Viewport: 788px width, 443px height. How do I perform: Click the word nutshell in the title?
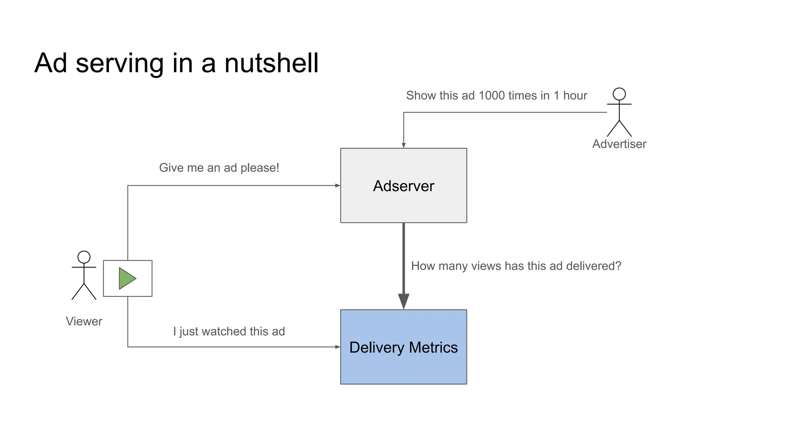271,63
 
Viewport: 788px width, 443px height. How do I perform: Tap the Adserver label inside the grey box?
403,186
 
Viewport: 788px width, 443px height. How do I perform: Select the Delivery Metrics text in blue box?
403,348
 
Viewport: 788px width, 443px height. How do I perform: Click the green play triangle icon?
127,278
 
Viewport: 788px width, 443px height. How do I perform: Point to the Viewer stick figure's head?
84,257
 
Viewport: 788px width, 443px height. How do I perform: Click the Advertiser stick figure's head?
619,94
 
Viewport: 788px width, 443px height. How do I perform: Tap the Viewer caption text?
84,321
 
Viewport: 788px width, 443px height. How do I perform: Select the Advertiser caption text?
619,144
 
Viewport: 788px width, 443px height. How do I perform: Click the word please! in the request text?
260,168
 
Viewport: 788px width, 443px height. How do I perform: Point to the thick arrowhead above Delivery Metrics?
403,301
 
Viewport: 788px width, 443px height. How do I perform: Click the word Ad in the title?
50,63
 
